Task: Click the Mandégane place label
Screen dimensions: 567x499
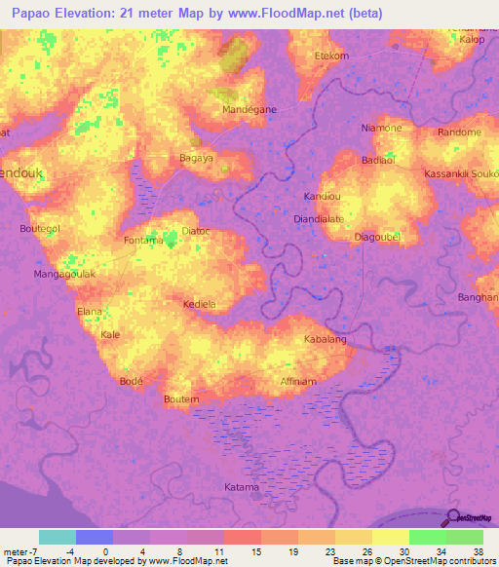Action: point(250,109)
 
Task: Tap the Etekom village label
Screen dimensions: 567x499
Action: point(331,56)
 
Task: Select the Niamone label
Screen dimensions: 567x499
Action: point(381,129)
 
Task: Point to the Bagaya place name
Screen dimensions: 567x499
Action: point(197,157)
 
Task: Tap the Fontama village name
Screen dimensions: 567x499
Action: point(143,239)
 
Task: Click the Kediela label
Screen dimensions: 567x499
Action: point(200,304)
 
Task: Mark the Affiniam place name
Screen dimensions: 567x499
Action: point(298,382)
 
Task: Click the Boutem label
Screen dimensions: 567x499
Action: point(181,399)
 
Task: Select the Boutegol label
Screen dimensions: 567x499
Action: point(40,228)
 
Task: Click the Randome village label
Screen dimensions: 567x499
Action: point(459,132)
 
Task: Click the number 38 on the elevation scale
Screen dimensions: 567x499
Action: point(479,550)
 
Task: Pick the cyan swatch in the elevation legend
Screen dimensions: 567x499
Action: point(58,537)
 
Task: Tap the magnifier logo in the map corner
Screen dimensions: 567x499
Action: point(453,518)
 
